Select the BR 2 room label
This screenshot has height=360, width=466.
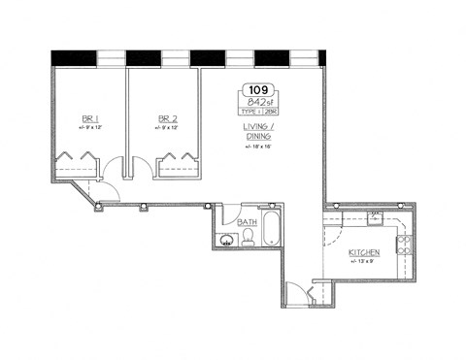point(166,120)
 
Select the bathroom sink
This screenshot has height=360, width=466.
point(227,241)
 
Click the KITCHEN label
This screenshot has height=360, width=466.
point(364,252)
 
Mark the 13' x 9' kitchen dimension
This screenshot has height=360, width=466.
point(363,262)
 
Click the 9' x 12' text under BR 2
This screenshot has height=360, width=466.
point(166,129)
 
